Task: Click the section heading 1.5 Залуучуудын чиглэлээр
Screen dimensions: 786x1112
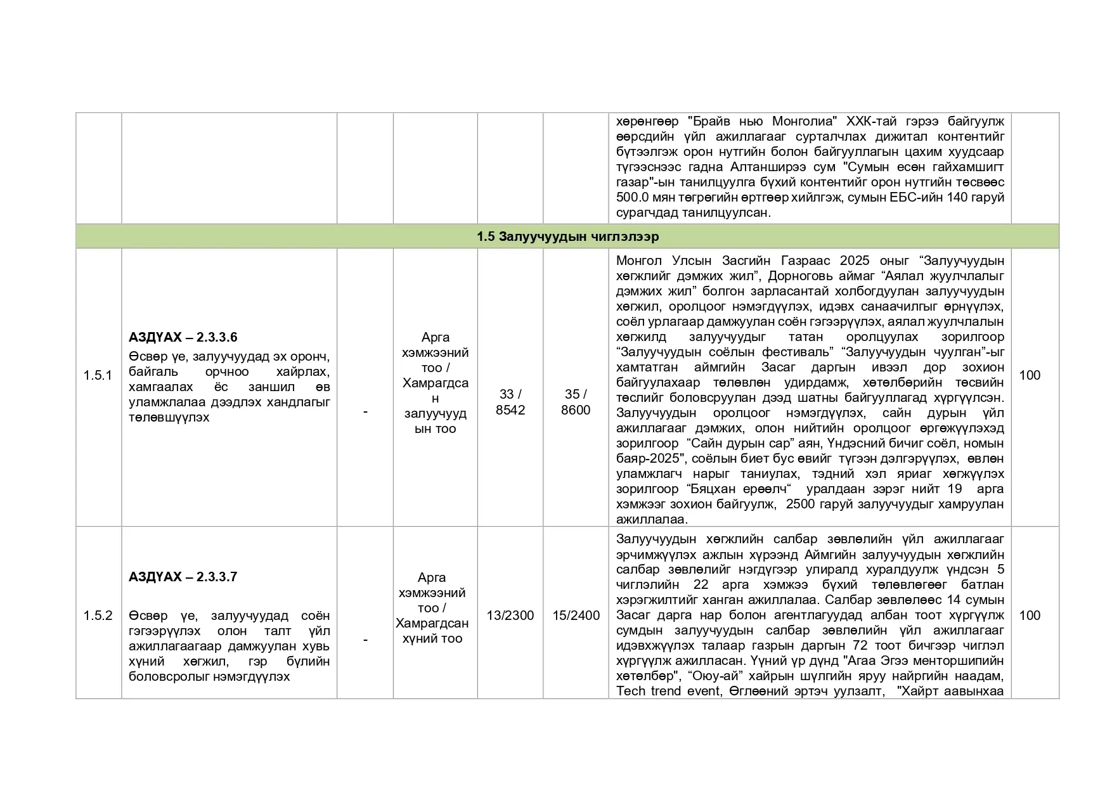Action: coord(567,236)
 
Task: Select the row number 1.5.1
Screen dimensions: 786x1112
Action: coord(98,375)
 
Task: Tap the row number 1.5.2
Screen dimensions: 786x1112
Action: coord(98,615)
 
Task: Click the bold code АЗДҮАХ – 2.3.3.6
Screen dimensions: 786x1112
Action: coord(183,337)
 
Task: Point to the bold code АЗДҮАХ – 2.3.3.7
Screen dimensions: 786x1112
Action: coord(183,577)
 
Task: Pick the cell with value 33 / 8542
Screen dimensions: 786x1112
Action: coord(510,403)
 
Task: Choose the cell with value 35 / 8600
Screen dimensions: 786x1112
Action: coord(576,403)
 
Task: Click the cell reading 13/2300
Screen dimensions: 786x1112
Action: coord(510,615)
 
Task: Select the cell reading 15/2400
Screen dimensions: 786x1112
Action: coord(576,615)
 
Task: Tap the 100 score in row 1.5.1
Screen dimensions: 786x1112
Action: coord(1030,375)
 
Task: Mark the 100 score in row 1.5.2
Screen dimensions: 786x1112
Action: coord(1030,615)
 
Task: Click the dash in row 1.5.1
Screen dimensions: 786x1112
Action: coord(365,412)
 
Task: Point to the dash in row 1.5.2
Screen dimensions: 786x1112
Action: coord(365,640)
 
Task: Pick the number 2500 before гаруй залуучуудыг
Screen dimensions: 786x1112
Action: coord(800,505)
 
